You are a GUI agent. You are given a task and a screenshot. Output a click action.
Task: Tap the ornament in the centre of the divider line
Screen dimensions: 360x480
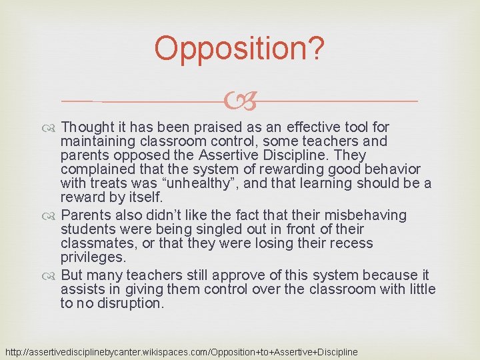[240, 101]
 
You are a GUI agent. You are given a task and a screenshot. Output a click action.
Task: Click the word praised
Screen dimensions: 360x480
[211, 127]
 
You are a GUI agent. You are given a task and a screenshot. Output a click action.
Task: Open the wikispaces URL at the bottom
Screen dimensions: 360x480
[181, 351]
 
